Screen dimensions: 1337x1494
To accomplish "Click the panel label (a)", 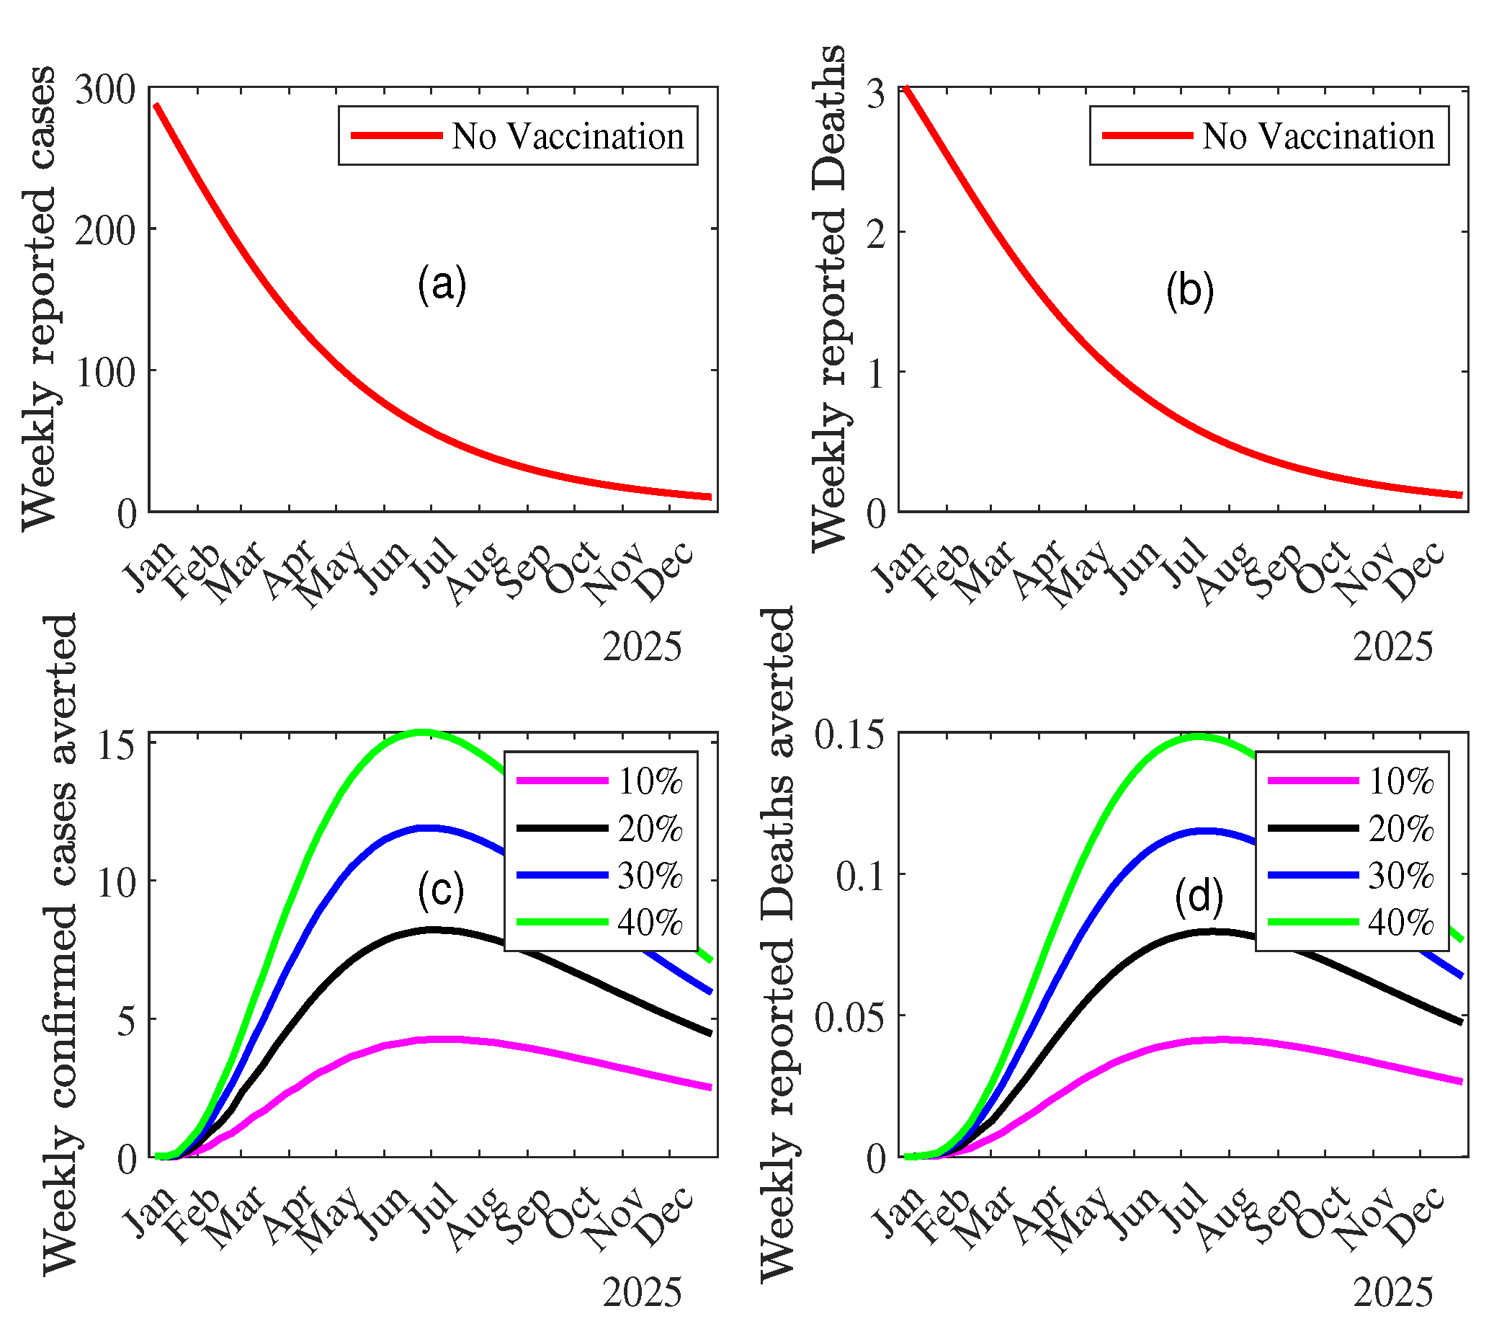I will [442, 284].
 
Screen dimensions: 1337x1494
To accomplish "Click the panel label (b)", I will [1189, 290].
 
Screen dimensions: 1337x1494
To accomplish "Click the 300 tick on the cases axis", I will [106, 91].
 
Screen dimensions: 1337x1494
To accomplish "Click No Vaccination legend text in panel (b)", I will [1318, 137].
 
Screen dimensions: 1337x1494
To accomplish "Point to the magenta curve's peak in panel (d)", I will [1219, 1039].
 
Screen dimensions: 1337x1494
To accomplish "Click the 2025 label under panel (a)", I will [642, 647].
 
